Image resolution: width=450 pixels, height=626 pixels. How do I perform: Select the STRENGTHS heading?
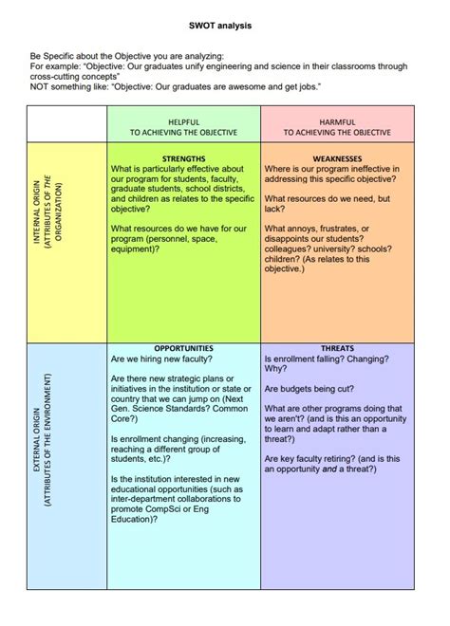pyautogui.click(x=183, y=159)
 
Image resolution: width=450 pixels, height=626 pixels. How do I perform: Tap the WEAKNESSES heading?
pyautogui.click(x=338, y=159)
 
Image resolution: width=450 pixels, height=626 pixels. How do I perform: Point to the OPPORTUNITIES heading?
pyautogui.click(x=183, y=349)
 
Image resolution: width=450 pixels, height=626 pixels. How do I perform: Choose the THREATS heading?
pyautogui.click(x=338, y=349)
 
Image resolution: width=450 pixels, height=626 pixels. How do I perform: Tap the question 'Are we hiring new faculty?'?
pyautogui.click(x=161, y=360)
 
